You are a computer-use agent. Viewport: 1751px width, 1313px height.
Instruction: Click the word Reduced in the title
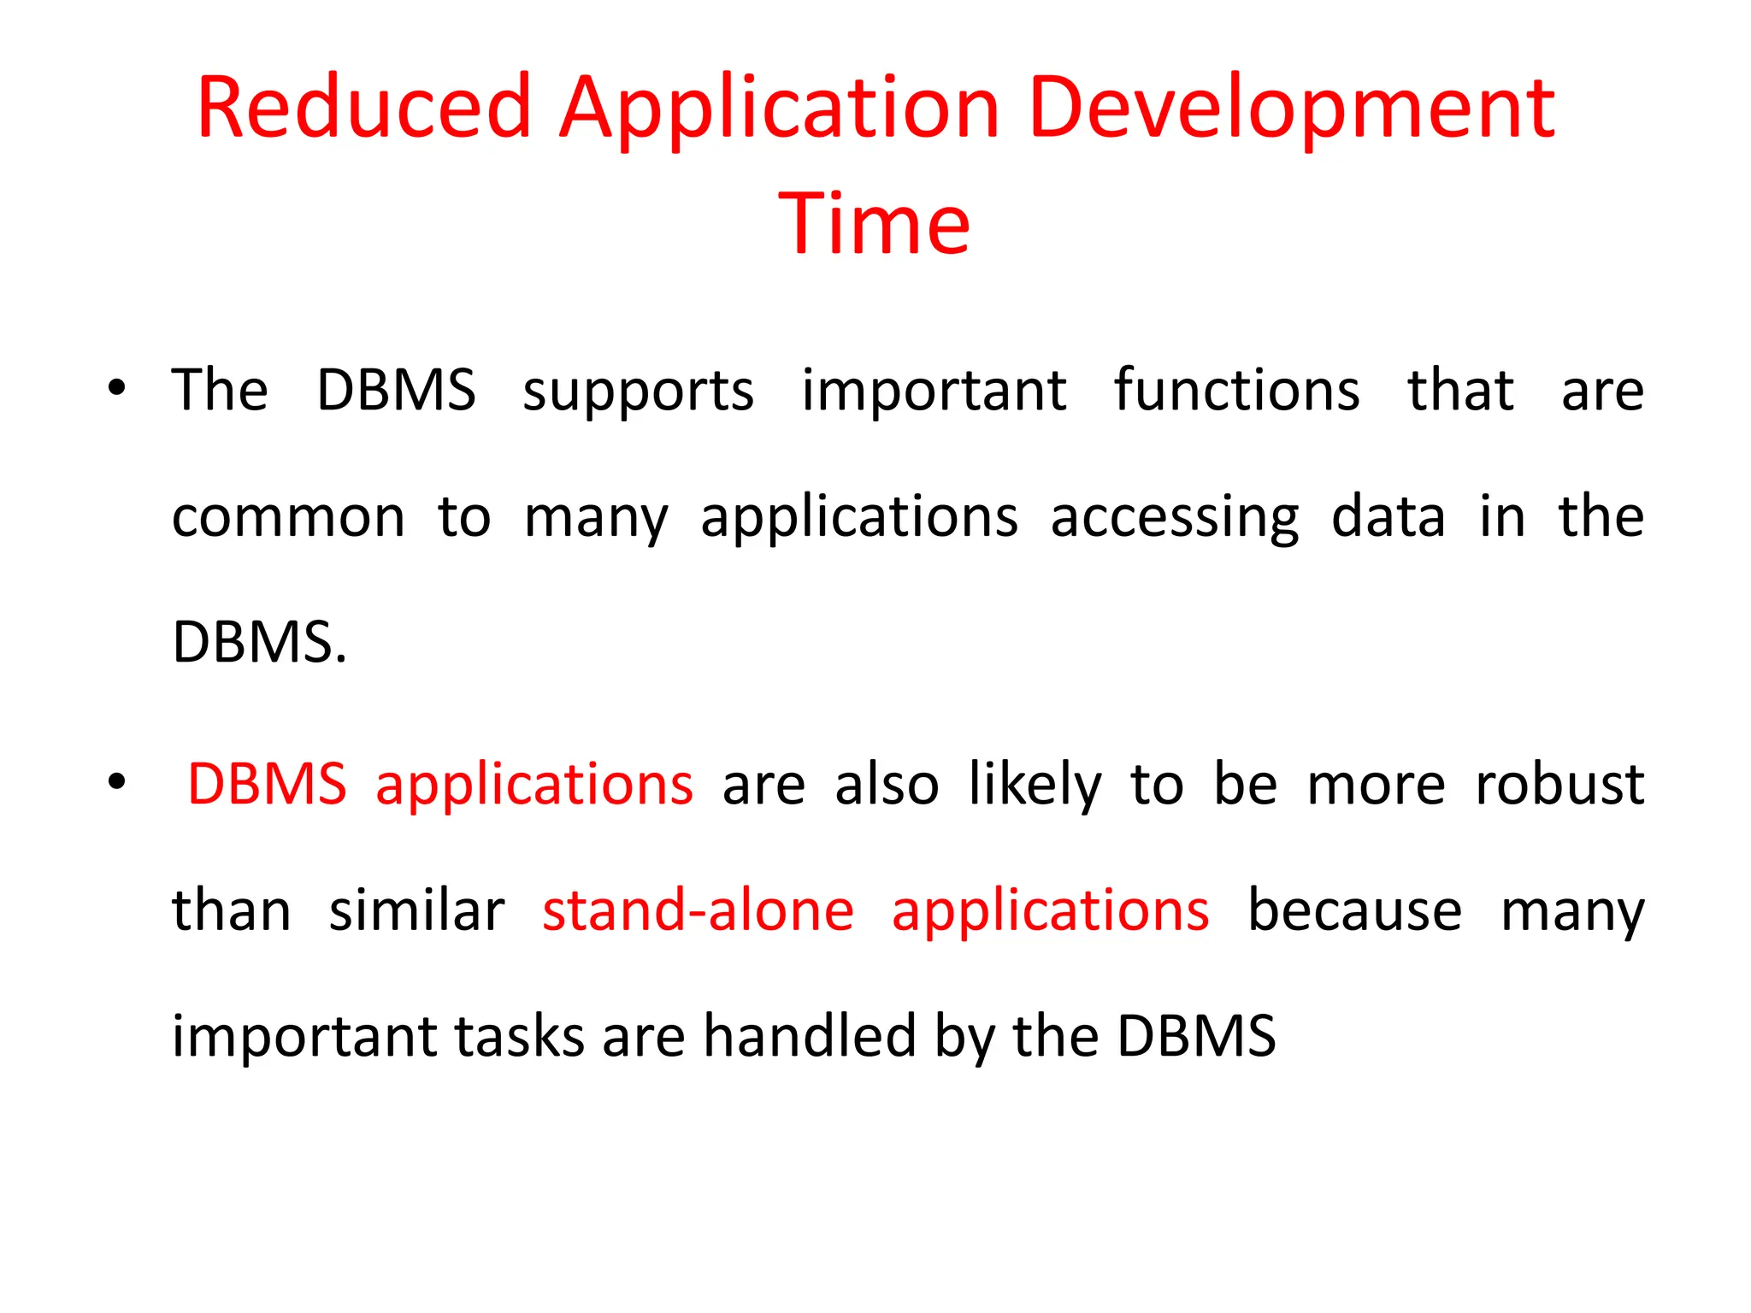pos(363,109)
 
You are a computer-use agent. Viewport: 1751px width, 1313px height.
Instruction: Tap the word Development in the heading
pos(1291,109)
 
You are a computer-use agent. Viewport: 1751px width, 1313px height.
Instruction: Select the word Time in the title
pos(875,225)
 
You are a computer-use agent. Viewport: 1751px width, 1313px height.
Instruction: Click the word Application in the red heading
pos(779,109)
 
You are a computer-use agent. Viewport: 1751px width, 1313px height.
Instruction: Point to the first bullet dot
pos(117,389)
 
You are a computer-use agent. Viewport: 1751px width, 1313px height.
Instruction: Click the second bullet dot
pos(117,782)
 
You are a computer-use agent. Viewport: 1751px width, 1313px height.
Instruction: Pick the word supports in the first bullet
pos(638,392)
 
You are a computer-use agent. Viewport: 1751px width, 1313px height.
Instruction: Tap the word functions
pos(1236,390)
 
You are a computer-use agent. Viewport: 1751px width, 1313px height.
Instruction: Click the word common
pos(288,518)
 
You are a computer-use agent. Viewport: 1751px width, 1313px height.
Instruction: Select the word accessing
pos(1175,518)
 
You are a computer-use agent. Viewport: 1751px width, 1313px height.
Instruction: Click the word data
pos(1388,516)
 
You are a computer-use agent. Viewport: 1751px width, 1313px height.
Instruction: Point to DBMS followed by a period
pos(259,642)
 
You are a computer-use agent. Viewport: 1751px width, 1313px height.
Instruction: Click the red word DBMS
pos(267,784)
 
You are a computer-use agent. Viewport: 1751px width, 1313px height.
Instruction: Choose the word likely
pos(1035,784)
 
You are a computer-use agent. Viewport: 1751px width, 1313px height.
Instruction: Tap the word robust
pos(1559,784)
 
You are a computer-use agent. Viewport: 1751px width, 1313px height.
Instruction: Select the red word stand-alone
pos(698,910)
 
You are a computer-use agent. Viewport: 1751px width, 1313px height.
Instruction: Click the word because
pos(1354,910)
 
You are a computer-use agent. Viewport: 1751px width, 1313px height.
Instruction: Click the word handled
pos(810,1036)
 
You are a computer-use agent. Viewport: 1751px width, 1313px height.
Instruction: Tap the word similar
pos(416,910)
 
